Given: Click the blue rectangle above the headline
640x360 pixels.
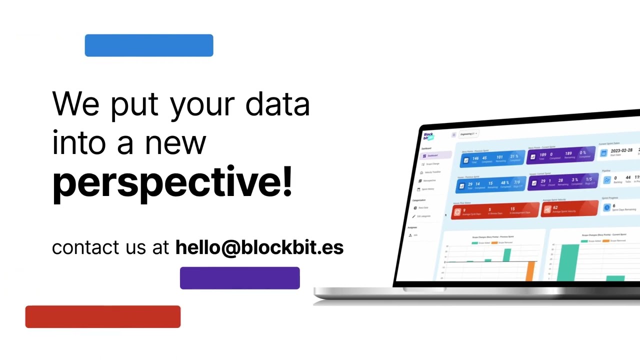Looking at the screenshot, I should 149,45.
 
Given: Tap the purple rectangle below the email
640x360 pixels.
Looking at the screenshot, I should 239,278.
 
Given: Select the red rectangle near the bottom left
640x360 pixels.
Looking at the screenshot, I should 102,316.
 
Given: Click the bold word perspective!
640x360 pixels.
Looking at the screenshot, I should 171,182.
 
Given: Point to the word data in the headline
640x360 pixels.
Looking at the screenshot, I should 277,104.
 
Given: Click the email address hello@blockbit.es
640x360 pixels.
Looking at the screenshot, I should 259,247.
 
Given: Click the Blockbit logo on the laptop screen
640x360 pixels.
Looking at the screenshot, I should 428,136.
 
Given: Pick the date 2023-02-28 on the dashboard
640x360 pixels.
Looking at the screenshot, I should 621,150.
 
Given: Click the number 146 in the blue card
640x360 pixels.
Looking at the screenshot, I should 475,158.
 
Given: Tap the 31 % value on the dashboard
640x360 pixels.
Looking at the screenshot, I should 513,156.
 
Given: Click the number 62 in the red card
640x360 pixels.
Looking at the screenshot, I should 555,207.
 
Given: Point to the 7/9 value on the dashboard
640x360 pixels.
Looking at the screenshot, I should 516,182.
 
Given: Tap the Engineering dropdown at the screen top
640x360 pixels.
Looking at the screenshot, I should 468,134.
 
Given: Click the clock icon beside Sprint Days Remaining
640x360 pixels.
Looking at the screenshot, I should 606,207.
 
